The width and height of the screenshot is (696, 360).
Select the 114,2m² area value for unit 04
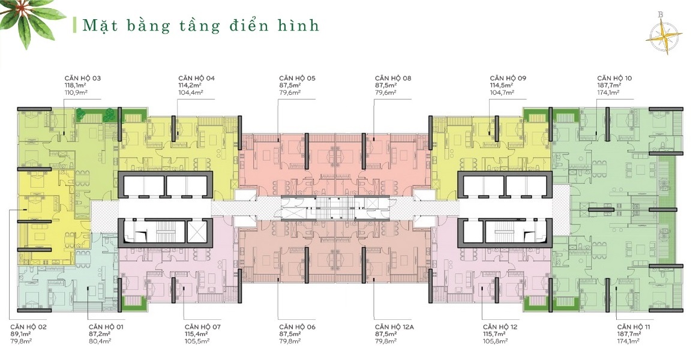[x=189, y=86]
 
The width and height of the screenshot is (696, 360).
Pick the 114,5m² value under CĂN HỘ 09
[x=501, y=86]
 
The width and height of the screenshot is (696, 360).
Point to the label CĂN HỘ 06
[x=297, y=326]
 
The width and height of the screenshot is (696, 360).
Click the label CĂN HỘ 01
[x=106, y=326]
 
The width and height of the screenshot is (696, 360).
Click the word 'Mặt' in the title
[x=98, y=25]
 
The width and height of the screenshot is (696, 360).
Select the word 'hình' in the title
[x=299, y=25]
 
